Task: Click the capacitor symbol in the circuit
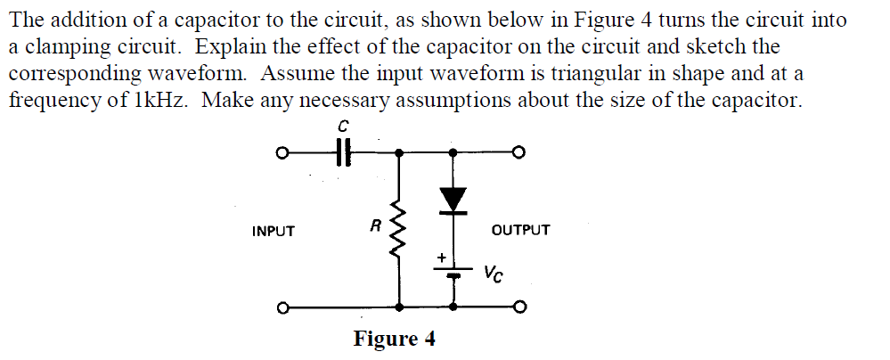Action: (343, 152)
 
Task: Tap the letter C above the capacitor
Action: (343, 127)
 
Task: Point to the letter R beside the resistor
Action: (377, 226)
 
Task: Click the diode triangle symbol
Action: (454, 199)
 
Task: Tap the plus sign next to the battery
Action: (440, 258)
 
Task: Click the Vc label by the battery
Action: (494, 273)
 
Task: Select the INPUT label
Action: (274, 231)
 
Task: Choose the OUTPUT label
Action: (521, 230)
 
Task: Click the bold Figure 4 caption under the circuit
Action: (395, 340)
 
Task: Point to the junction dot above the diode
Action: (454, 152)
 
